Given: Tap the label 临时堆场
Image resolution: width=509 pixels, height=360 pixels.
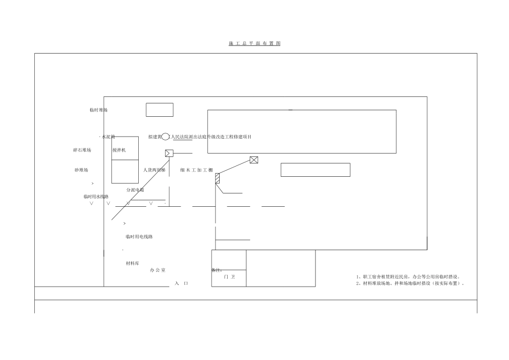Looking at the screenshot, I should click(x=99, y=110).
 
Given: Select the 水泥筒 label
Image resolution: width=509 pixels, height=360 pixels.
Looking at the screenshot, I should click(x=108, y=137).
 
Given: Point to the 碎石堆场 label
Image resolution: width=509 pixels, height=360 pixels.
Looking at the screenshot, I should click(x=82, y=150).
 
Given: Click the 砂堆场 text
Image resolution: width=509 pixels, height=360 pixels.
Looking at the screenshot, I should click(x=81, y=170).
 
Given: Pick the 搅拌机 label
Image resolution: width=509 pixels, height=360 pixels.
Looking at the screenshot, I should click(x=119, y=150).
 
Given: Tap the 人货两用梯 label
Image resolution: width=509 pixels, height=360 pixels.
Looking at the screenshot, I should click(x=154, y=170).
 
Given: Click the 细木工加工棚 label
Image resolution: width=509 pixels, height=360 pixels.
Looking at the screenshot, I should click(x=197, y=170).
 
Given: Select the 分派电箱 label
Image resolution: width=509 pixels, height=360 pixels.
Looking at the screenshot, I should click(x=135, y=190).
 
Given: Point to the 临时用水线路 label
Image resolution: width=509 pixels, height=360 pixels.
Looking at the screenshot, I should click(x=96, y=197).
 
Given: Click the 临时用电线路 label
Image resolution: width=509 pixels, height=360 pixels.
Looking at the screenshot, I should click(x=139, y=236).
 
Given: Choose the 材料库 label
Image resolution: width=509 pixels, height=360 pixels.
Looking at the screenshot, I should click(x=132, y=263).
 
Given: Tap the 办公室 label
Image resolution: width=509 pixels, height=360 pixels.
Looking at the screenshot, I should click(x=158, y=270).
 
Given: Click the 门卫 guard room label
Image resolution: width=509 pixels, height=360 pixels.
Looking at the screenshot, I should click(x=229, y=277).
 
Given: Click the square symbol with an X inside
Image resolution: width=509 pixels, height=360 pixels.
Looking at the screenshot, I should click(x=254, y=160).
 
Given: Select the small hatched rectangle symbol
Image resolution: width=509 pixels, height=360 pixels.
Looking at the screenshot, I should click(x=218, y=178).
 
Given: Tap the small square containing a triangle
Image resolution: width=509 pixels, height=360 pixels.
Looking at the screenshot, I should click(x=169, y=153).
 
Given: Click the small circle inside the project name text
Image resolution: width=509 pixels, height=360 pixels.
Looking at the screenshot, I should click(x=166, y=137).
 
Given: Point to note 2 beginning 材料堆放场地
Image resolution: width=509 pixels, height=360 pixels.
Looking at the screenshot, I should click(x=410, y=283).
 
